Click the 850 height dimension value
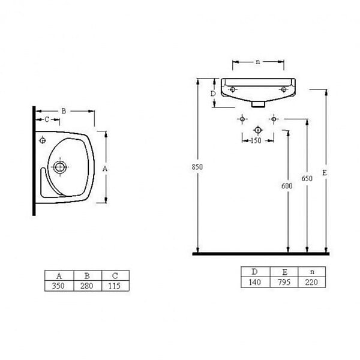[197, 167]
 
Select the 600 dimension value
[287, 186]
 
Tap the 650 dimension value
[307, 178]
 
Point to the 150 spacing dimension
[256, 140]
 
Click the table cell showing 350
[59, 286]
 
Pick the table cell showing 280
[88, 286]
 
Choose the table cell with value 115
[115, 286]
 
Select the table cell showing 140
[256, 282]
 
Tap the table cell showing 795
[284, 282]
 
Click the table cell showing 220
[311, 282]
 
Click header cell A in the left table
[59, 275]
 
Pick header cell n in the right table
[311, 272]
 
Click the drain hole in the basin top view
[60, 167]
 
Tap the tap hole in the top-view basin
[43, 140]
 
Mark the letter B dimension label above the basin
[64, 111]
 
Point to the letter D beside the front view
[213, 94]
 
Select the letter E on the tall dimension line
[324, 173]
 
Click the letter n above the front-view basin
[258, 62]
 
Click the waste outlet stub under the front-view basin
[258, 104]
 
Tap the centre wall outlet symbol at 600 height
[257, 130]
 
